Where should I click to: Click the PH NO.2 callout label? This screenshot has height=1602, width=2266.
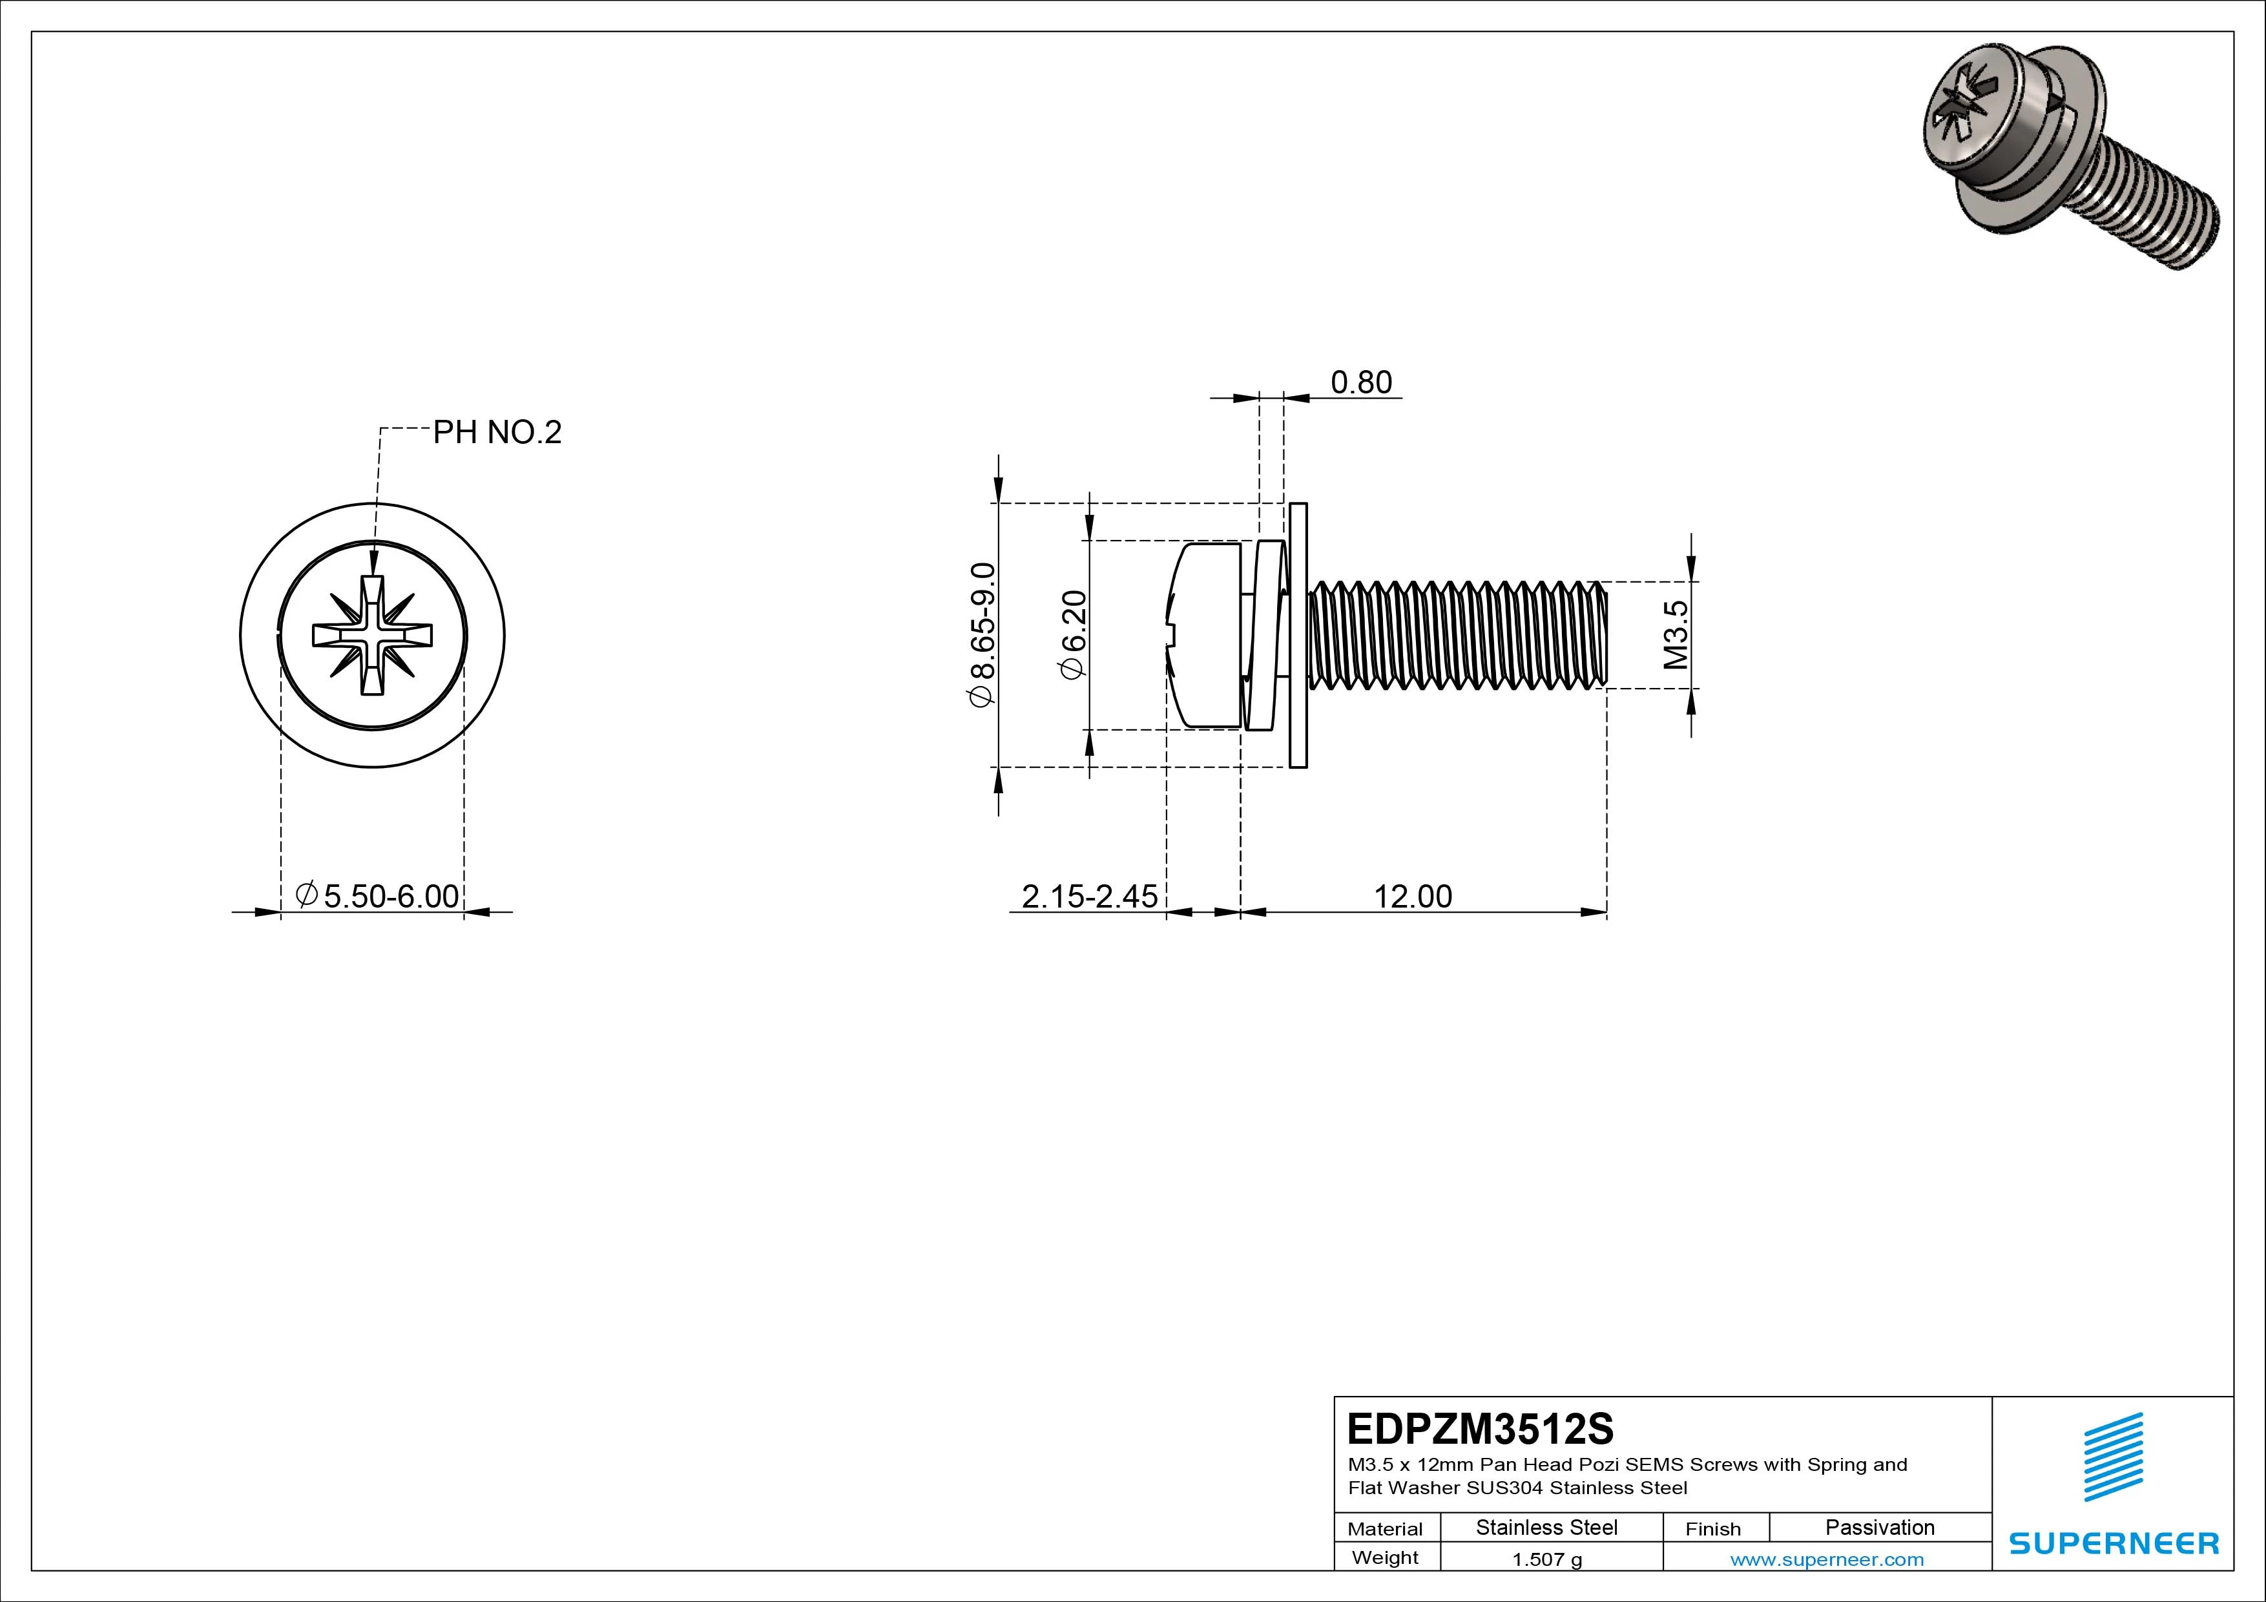[497, 432]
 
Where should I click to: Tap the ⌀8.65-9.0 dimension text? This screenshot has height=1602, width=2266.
[983, 635]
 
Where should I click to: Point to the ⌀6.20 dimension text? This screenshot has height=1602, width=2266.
[1073, 635]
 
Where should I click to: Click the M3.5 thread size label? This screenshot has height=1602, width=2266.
[1676, 635]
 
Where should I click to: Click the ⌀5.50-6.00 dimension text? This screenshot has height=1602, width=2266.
[378, 896]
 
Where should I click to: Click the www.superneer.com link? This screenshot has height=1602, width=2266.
[1826, 1559]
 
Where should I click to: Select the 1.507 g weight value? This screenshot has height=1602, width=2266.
[1546, 1559]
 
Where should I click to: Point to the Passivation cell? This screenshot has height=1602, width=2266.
[1879, 1528]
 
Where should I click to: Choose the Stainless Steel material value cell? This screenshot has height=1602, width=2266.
[1546, 1528]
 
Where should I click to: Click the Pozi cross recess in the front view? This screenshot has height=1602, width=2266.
[372, 636]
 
